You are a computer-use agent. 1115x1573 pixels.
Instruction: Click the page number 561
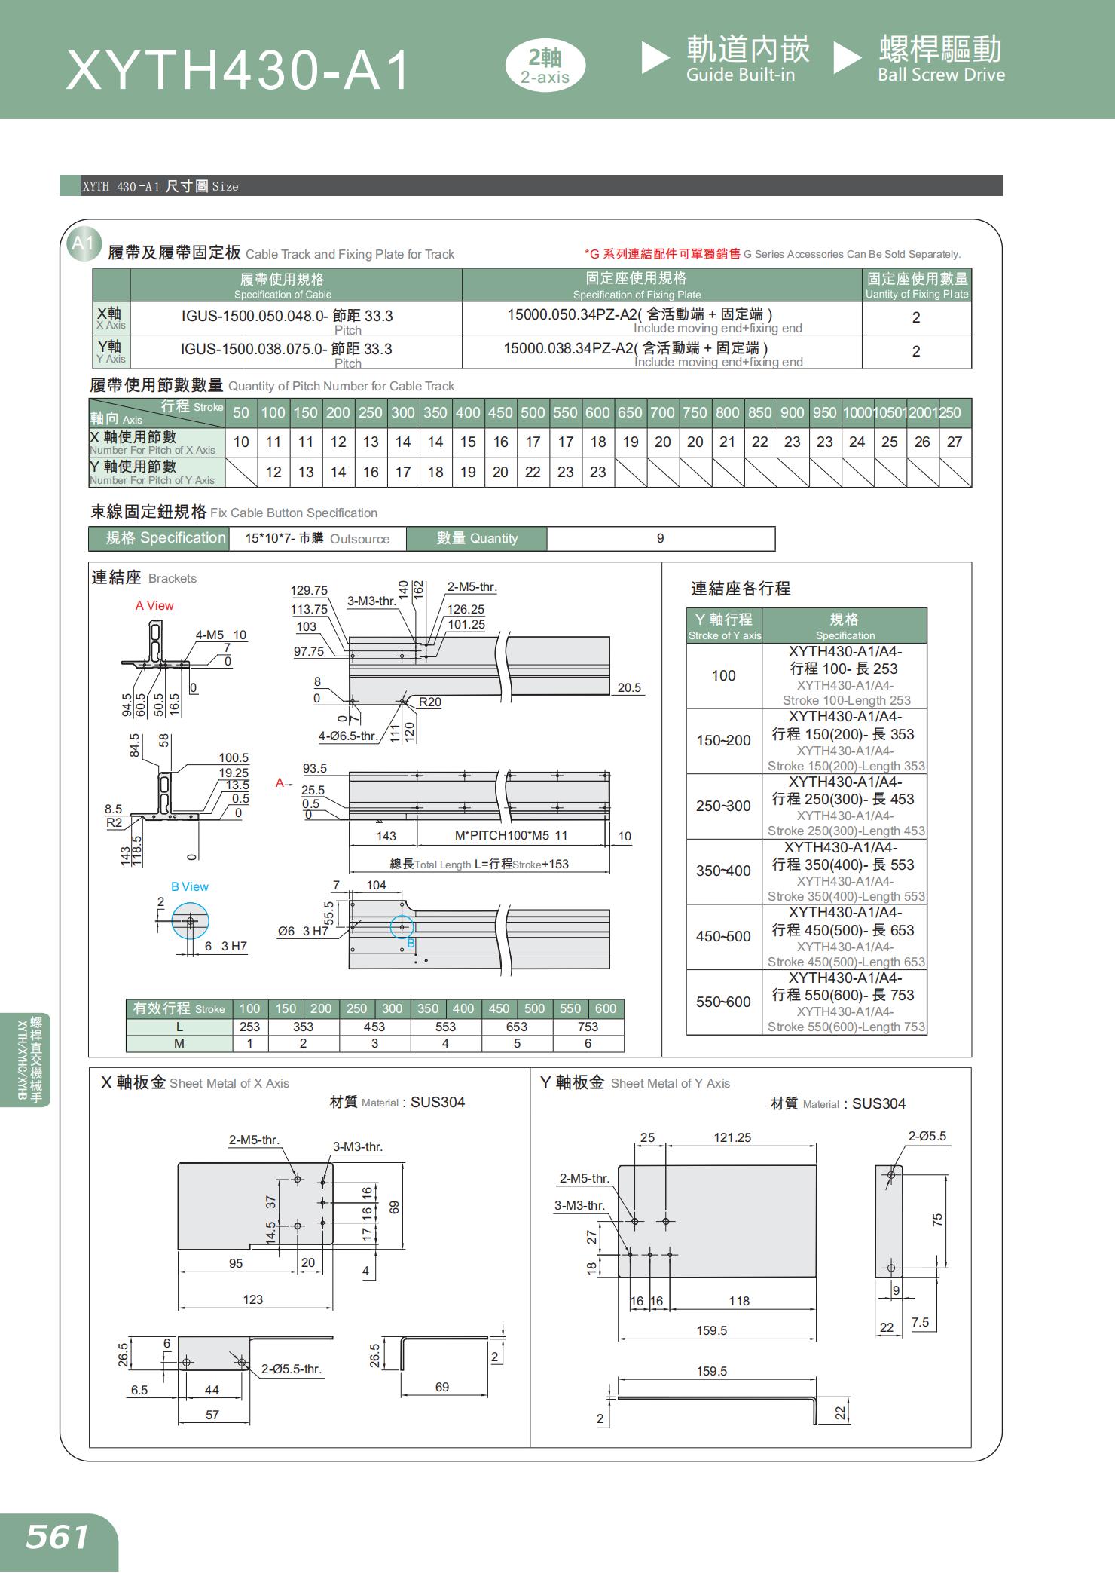click(57, 1538)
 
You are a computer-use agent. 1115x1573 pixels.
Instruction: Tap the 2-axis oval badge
click(545, 66)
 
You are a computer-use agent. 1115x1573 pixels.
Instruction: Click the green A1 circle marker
click(82, 243)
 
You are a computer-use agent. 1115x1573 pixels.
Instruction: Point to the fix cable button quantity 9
click(660, 539)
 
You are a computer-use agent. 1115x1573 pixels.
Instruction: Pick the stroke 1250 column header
click(950, 413)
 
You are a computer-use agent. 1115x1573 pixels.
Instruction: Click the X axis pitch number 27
click(954, 442)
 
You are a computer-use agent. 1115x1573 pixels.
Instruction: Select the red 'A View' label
click(154, 606)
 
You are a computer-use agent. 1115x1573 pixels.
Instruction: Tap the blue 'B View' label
click(190, 887)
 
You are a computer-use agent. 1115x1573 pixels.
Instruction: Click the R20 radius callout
click(429, 702)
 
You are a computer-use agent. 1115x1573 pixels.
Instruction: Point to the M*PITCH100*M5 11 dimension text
click(511, 836)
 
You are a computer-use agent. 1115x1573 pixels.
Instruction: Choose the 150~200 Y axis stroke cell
click(723, 741)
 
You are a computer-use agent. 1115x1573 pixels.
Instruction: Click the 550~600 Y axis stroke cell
click(723, 1002)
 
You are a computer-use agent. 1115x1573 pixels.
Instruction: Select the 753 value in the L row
click(588, 1027)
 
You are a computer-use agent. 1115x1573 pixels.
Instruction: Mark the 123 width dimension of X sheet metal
click(253, 1299)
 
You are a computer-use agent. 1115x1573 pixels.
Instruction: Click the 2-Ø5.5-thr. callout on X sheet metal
click(292, 1369)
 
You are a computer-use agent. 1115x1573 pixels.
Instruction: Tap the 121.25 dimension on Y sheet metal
click(732, 1138)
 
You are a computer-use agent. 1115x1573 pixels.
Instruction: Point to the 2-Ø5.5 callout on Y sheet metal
click(927, 1136)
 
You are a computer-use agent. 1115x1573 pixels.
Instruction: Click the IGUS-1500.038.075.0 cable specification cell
click(286, 350)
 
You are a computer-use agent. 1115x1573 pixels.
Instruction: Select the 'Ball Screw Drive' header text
click(941, 75)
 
